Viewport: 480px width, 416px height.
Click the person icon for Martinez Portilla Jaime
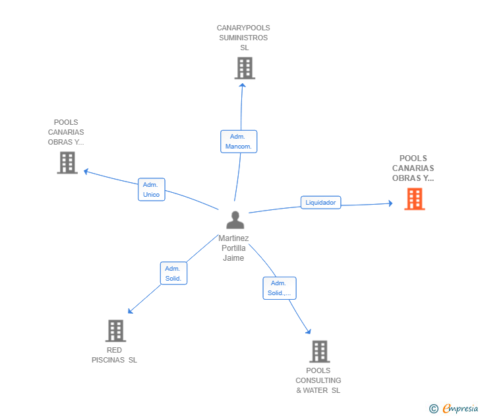pos(235,220)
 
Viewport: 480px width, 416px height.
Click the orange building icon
pos(414,199)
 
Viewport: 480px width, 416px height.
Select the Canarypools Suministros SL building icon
pos(245,68)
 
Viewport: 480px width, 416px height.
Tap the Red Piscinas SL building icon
pos(115,331)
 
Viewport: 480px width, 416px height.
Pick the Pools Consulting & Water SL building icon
pos(319,351)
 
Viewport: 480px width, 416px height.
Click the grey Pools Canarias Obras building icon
pos(67,162)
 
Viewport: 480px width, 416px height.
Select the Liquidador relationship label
pos(320,203)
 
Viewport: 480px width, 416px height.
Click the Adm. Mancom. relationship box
pos(238,141)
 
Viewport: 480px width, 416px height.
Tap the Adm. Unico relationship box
pos(151,190)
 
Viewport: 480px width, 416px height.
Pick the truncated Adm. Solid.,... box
pos(279,288)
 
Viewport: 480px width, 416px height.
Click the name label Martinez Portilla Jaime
pos(233,248)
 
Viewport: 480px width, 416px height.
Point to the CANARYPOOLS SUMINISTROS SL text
pos(243,38)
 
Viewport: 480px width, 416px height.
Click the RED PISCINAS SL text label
pos(114,355)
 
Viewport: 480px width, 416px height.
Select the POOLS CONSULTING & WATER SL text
pos(318,380)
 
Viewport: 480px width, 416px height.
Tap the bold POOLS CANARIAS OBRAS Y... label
pos(413,168)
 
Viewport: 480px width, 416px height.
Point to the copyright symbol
pos(434,409)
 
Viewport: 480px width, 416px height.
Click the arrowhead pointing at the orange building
pos(389,204)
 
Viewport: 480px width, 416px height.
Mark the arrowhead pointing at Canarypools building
pos(243,85)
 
